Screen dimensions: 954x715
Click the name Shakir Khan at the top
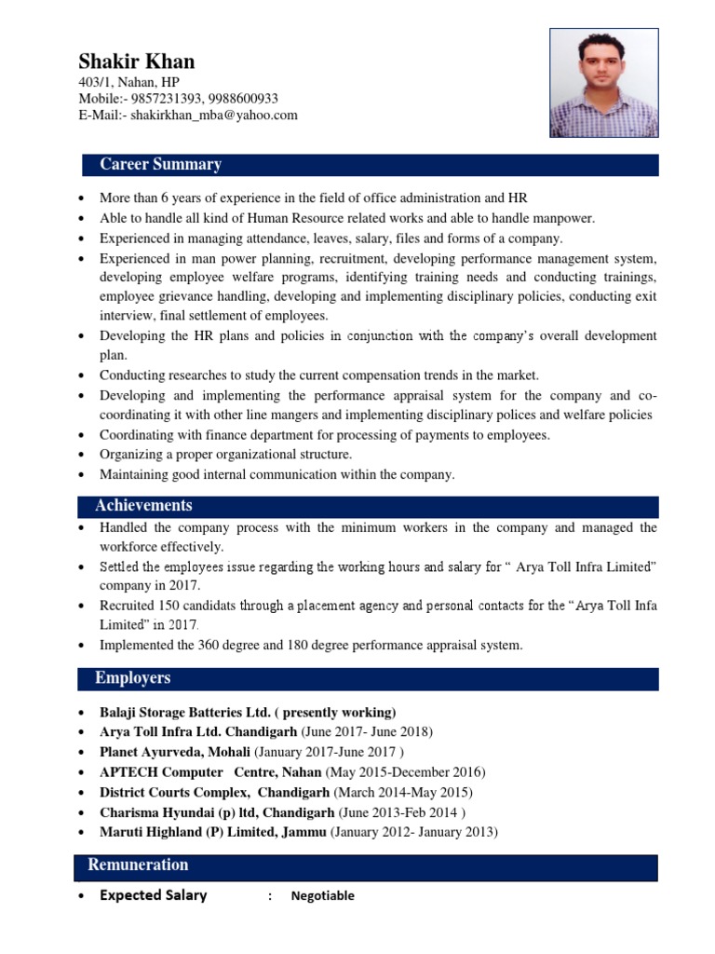[137, 62]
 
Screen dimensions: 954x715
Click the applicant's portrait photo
[603, 83]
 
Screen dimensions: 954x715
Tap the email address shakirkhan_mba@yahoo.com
[214, 116]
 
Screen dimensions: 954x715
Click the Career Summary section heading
[160, 165]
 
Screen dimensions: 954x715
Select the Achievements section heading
[143, 506]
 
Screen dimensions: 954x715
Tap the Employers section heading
[132, 678]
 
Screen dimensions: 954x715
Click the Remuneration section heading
[138, 865]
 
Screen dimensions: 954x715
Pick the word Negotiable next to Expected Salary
[322, 896]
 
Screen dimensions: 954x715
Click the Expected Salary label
[154, 896]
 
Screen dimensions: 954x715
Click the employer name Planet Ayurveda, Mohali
[175, 752]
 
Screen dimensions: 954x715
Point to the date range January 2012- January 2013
[414, 832]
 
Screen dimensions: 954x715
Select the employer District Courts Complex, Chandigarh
[214, 793]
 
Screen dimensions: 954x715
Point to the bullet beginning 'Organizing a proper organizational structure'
[226, 455]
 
